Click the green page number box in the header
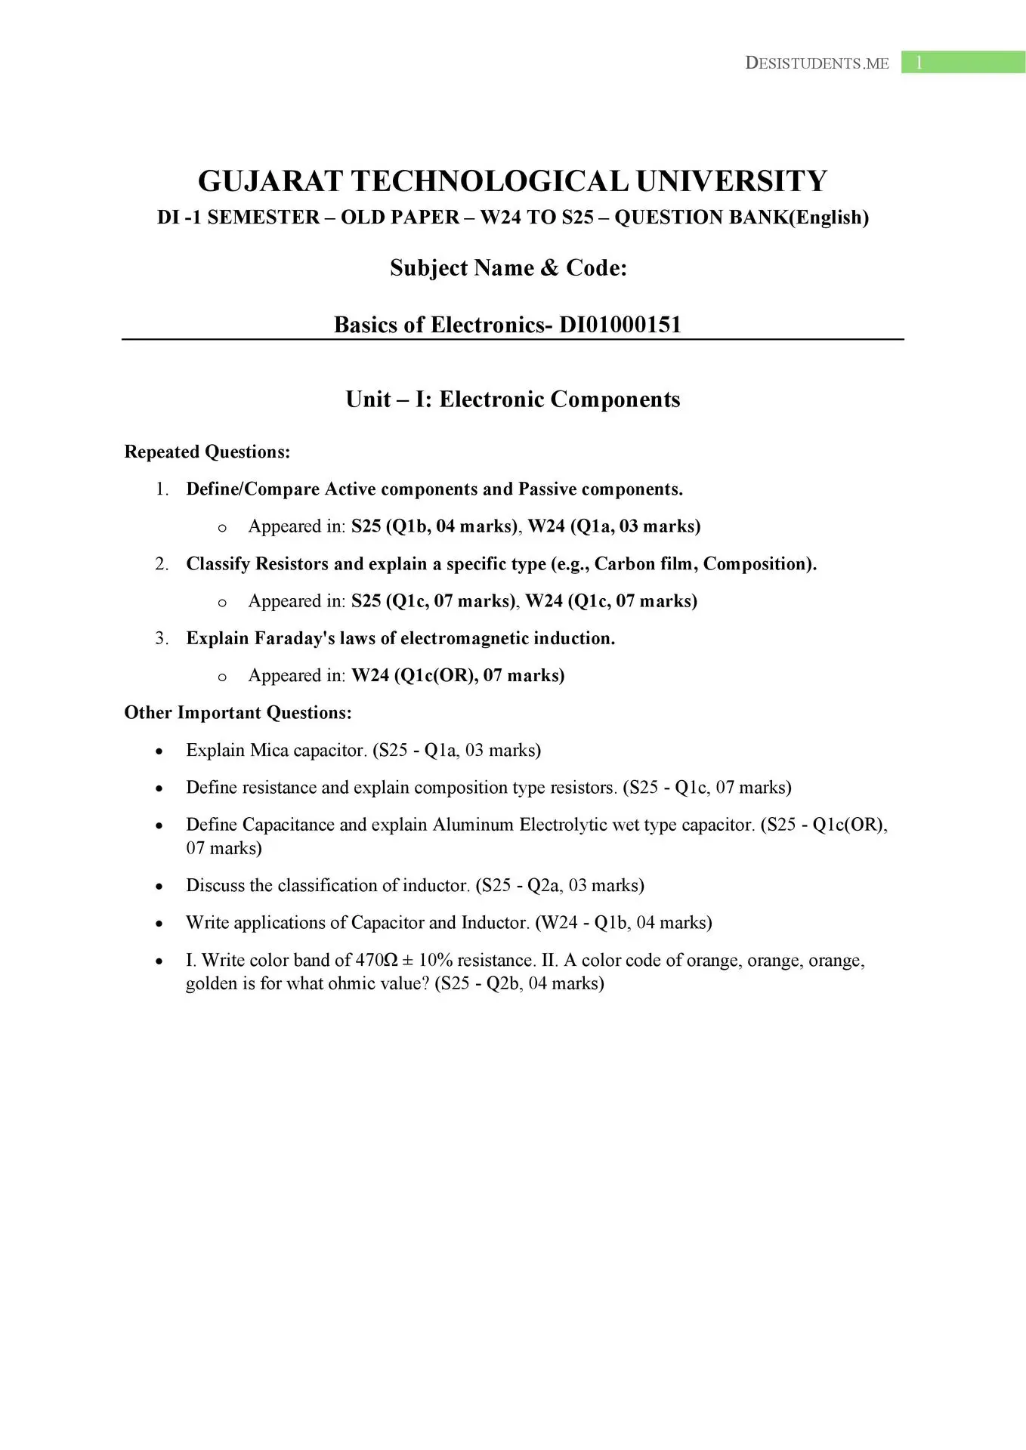(963, 63)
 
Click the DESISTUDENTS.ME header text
(817, 63)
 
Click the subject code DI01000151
(620, 325)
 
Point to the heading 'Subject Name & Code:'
(508, 268)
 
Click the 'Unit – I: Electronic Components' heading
(512, 399)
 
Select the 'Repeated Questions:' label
(207, 452)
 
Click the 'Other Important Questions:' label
(238, 712)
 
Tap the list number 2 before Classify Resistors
(161, 563)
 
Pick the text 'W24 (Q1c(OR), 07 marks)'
(458, 675)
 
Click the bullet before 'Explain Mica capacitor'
(159, 751)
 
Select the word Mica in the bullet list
(269, 750)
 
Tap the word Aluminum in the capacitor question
(473, 824)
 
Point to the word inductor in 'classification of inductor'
(440, 885)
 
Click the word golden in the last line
(212, 983)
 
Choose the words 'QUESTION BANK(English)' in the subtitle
(741, 217)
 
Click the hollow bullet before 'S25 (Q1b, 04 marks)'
(221, 528)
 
